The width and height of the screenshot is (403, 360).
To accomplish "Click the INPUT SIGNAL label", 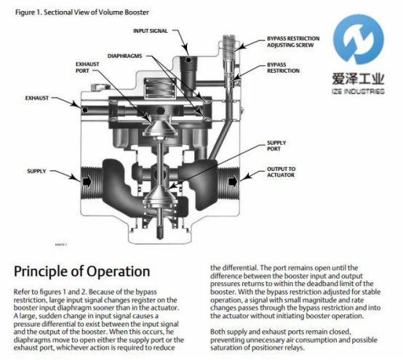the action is click(x=151, y=31).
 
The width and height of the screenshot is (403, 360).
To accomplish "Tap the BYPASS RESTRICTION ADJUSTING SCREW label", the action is click(x=293, y=41).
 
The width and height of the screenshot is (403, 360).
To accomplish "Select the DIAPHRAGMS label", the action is click(x=124, y=56).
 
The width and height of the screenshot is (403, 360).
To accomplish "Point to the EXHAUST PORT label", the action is click(x=87, y=68).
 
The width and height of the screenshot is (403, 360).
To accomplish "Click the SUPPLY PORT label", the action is click(x=276, y=145).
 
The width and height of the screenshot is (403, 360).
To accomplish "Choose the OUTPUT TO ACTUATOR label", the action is click(x=281, y=172).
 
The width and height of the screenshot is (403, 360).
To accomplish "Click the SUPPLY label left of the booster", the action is click(x=36, y=171).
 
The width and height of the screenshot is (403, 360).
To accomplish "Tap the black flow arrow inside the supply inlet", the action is click(x=87, y=181).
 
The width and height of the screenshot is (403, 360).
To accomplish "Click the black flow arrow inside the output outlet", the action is click(x=233, y=181).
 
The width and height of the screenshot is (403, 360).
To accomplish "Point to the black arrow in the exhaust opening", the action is click(x=85, y=110).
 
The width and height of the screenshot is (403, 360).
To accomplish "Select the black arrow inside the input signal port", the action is click(x=189, y=60).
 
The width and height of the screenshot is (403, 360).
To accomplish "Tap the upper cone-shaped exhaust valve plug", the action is click(x=160, y=128).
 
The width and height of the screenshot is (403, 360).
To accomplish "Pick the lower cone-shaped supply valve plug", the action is click(x=160, y=197).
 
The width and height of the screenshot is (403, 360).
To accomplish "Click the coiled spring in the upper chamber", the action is click(x=159, y=88).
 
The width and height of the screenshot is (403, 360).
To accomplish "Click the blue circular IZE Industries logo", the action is click(x=358, y=39).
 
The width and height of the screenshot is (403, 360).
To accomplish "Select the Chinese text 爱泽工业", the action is click(x=358, y=79).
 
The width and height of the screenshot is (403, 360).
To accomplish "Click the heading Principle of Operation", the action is click(x=82, y=271).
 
